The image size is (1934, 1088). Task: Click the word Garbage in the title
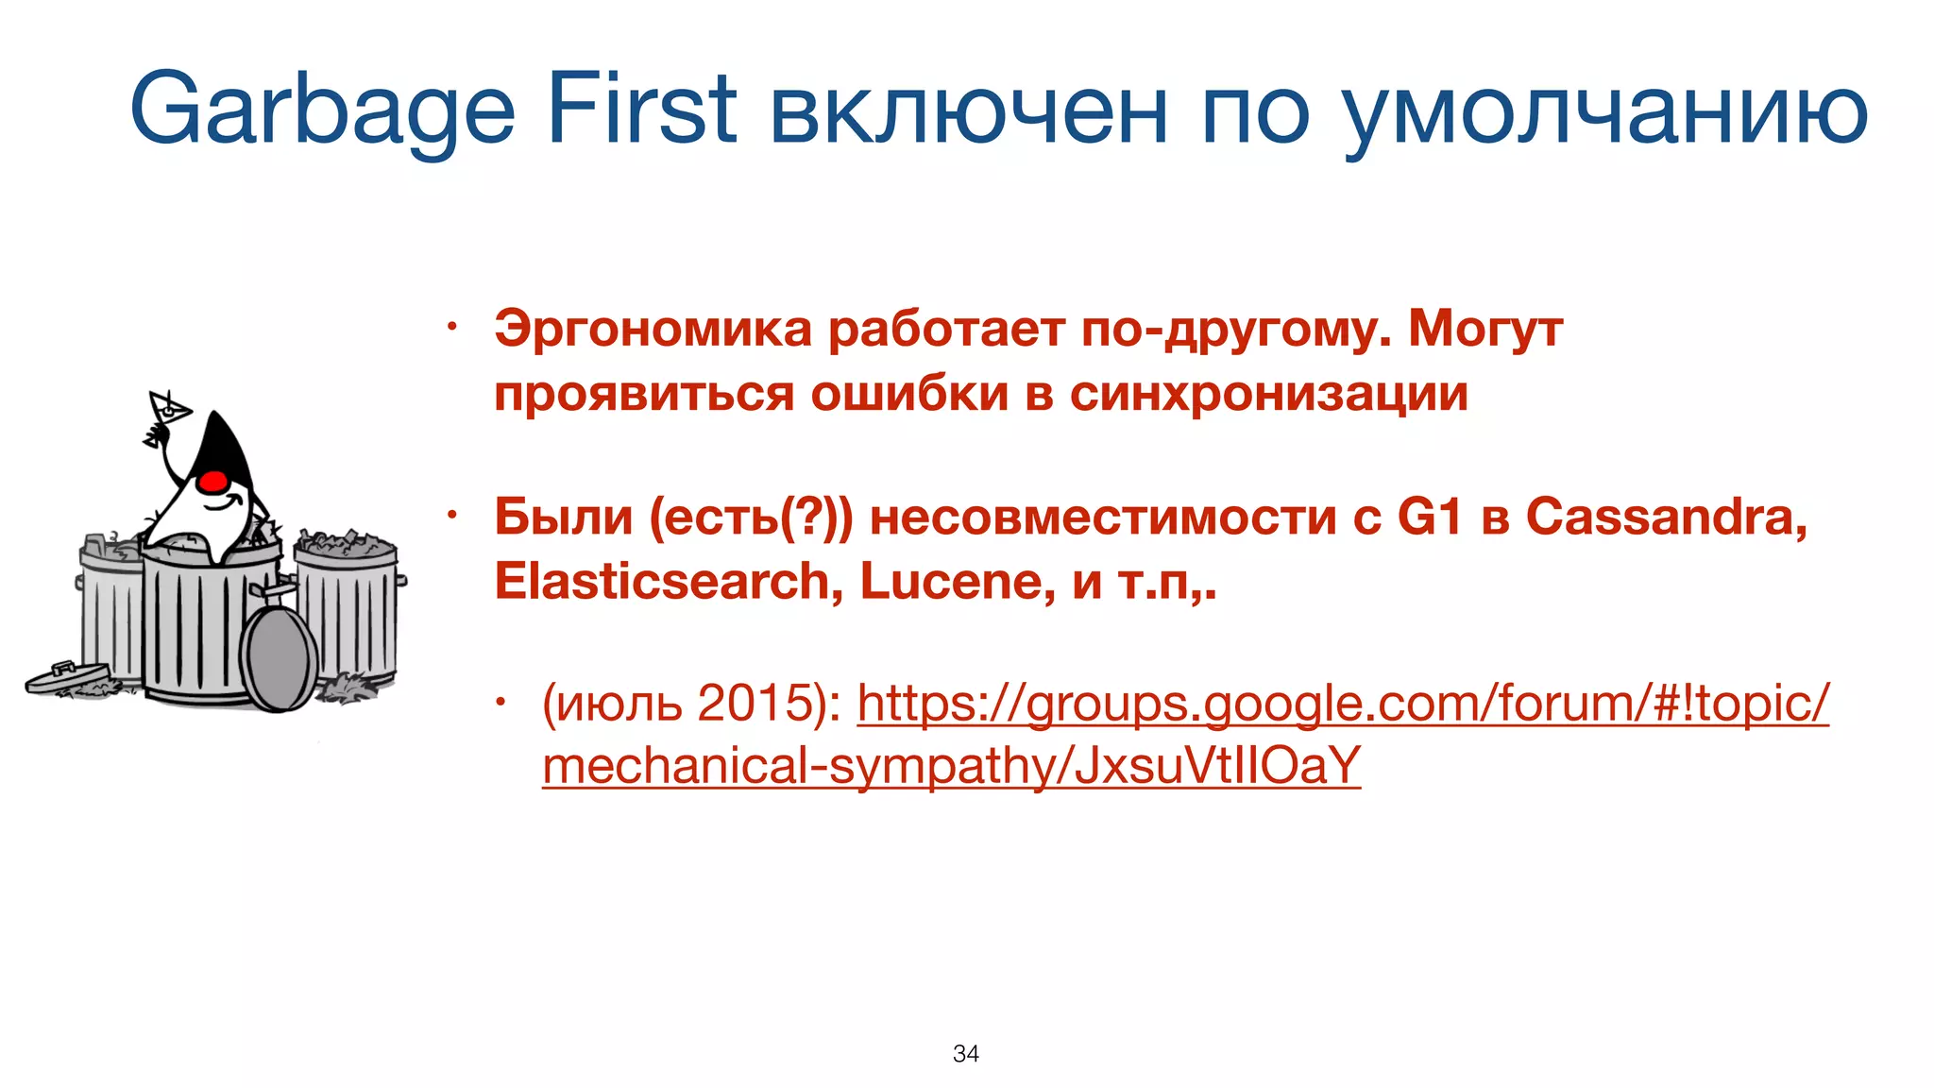(322, 111)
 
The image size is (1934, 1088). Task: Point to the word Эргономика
(653, 329)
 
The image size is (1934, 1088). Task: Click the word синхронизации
(1268, 393)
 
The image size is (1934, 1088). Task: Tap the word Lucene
(957, 581)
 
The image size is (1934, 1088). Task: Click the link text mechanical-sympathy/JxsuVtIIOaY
(951, 765)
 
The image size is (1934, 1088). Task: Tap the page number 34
(966, 1053)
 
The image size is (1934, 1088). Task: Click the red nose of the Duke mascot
(214, 481)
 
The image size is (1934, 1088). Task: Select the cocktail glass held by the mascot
(170, 408)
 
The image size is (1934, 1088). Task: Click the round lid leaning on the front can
(279, 657)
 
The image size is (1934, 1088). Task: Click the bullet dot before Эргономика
(452, 328)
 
